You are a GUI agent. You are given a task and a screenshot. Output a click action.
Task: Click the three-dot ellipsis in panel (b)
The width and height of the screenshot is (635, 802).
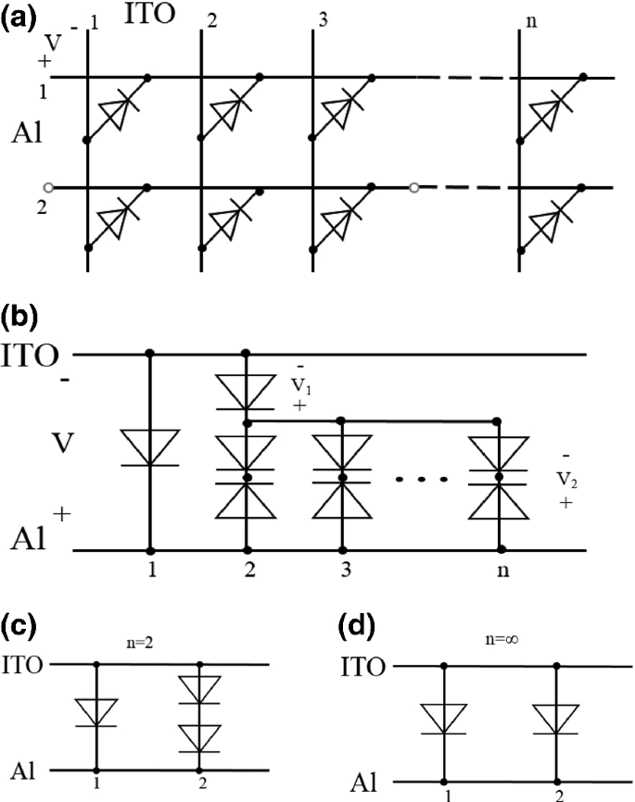click(421, 480)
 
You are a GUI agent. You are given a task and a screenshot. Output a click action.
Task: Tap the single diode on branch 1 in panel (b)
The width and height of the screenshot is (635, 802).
click(150, 447)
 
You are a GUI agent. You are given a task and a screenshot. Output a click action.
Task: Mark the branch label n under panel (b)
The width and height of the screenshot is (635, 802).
click(501, 571)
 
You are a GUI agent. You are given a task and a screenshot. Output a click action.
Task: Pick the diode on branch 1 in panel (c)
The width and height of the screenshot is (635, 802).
click(95, 711)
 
